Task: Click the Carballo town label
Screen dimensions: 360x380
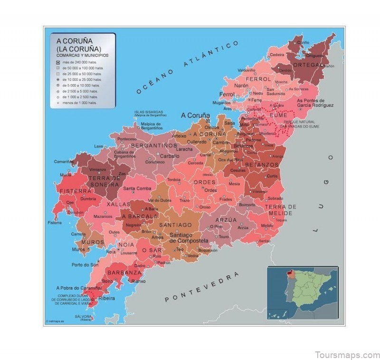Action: point(170,156)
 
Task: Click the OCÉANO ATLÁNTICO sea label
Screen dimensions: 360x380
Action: point(187,67)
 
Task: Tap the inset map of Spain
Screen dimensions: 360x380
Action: point(302,293)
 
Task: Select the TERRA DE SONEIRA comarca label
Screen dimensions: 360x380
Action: point(104,181)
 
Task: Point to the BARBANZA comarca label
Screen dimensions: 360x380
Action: point(124,273)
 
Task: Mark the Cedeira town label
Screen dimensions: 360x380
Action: point(277,55)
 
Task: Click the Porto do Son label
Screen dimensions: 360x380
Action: point(85,265)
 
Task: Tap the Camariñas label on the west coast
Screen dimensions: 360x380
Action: point(63,161)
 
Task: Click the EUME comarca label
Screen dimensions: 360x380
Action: point(278,116)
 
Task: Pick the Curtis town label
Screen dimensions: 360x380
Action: point(272,176)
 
